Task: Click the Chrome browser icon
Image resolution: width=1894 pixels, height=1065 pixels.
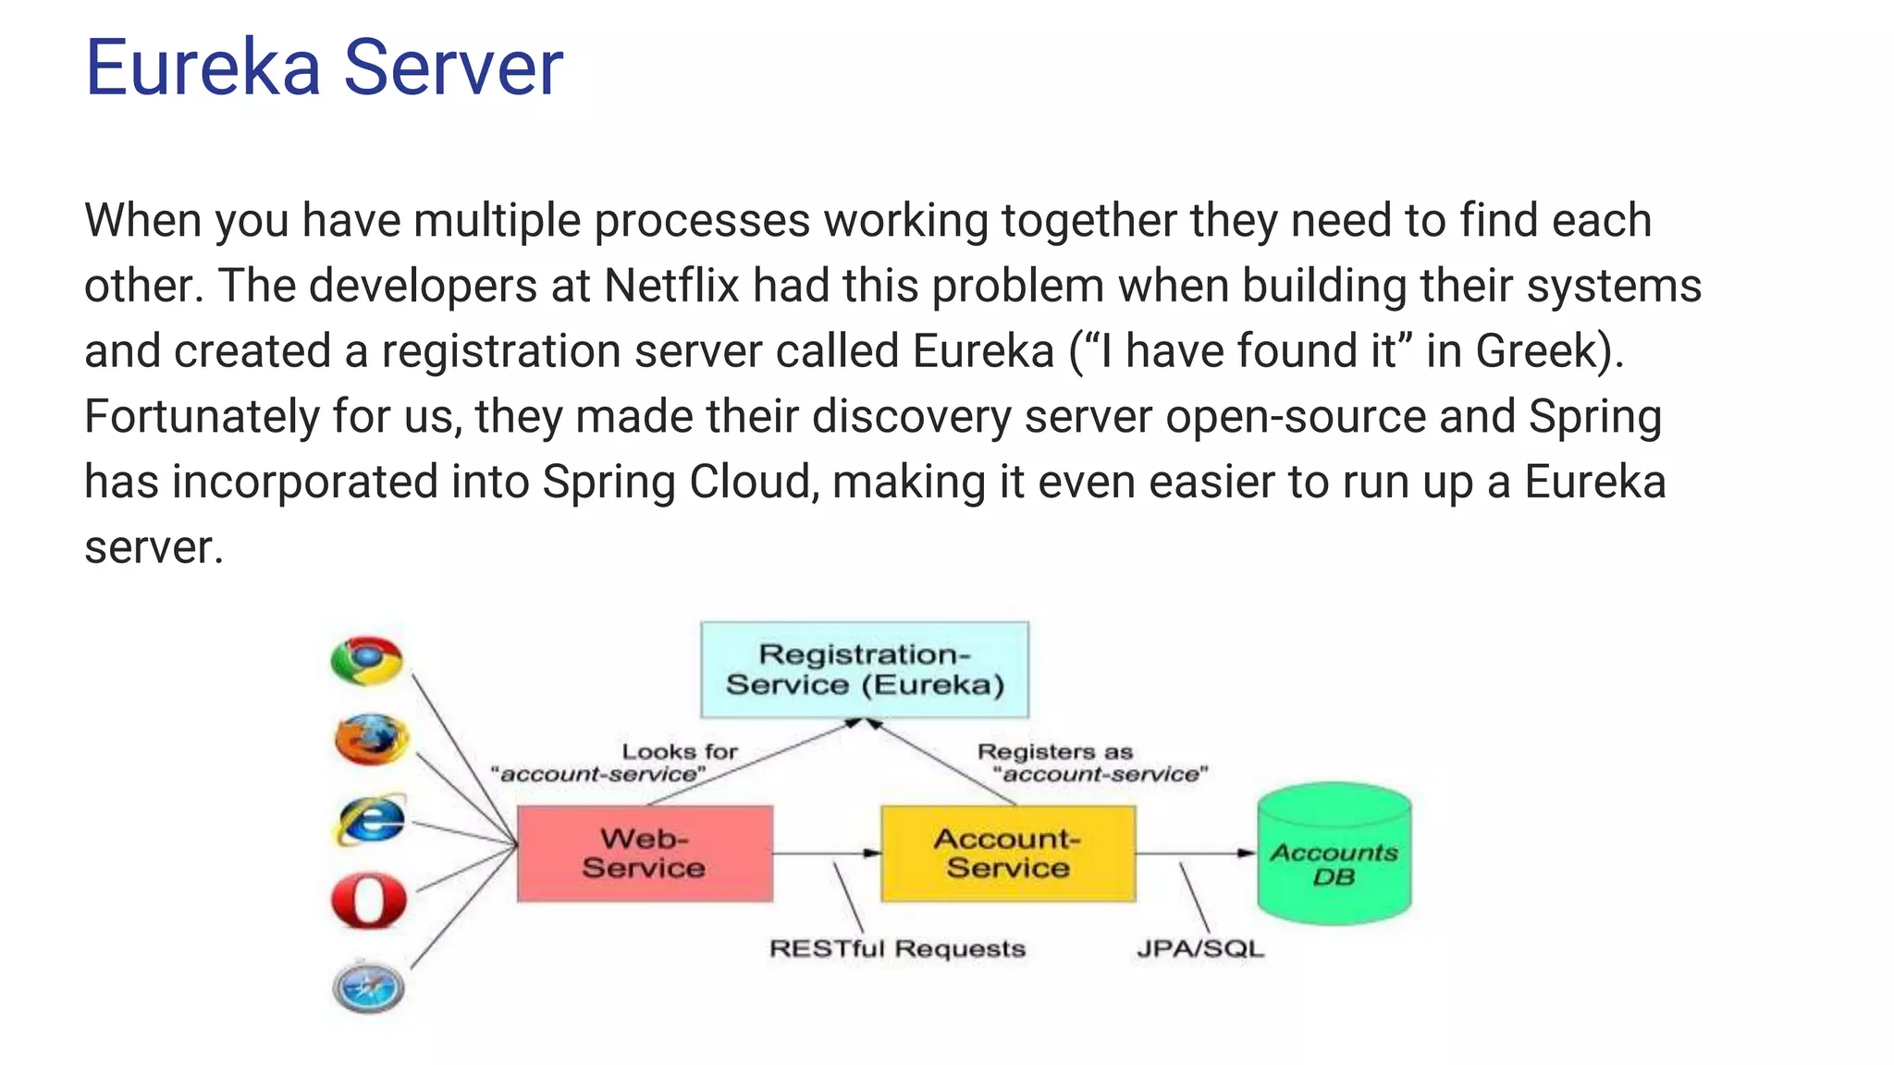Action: (367, 660)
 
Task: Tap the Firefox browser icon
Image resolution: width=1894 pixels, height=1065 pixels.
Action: (371, 739)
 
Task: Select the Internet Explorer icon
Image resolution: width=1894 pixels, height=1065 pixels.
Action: (370, 820)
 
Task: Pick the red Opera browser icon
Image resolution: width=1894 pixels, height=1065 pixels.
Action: (369, 900)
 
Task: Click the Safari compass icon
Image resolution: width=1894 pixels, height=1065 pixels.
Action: (368, 987)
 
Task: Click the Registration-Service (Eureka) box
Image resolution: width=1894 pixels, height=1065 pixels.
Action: (864, 669)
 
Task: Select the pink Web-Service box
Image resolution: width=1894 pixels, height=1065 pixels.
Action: (645, 852)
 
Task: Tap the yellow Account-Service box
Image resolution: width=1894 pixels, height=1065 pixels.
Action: (1007, 852)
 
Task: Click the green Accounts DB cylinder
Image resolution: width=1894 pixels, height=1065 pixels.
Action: (1334, 854)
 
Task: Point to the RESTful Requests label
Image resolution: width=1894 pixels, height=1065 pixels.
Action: (897, 949)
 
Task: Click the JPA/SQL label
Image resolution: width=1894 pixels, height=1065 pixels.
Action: (1199, 949)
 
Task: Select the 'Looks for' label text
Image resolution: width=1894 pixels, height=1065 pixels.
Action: (680, 752)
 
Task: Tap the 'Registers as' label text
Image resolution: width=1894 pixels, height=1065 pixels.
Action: (1054, 752)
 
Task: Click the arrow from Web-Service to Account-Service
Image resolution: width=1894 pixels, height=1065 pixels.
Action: (826, 852)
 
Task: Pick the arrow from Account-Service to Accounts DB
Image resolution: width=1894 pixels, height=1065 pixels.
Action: (1195, 852)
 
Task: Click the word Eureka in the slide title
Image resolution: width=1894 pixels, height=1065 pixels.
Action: (202, 67)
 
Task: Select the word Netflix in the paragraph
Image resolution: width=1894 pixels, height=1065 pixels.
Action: (671, 286)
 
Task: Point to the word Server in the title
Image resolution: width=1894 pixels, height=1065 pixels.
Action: (453, 67)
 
